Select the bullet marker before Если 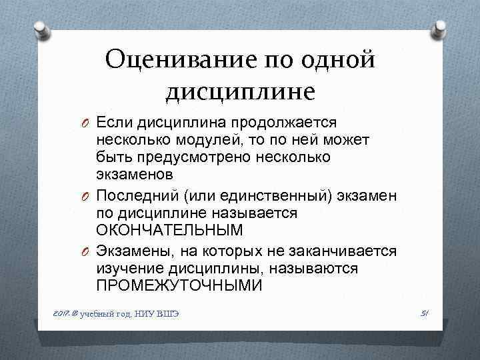86,124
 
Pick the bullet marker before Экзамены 86,252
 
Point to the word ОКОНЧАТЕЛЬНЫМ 169,230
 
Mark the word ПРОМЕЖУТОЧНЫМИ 179,285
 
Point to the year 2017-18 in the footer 64,314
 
